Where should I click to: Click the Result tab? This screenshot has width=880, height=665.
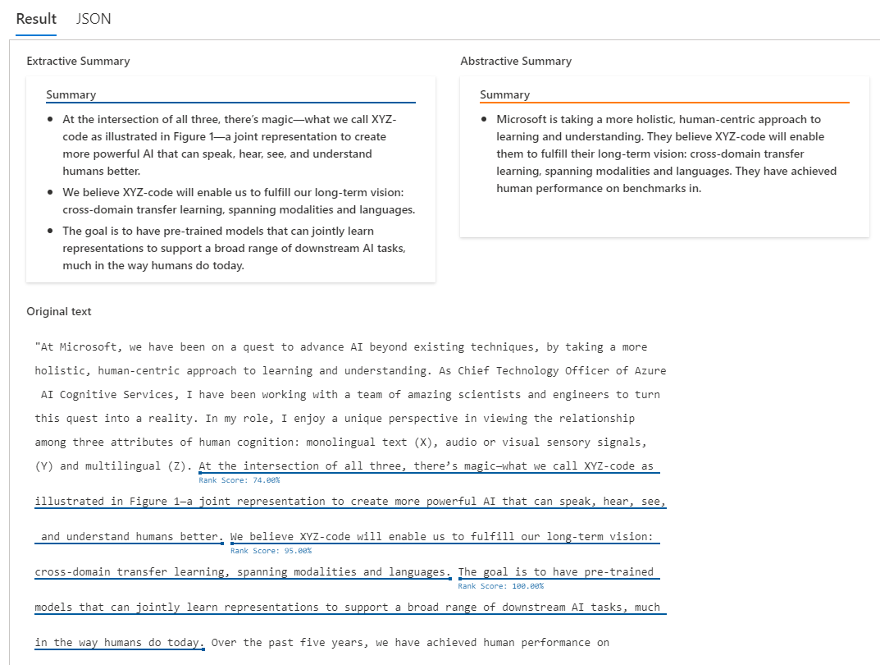(36, 19)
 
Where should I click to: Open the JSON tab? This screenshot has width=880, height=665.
(93, 19)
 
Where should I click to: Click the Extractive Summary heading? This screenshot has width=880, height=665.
(78, 61)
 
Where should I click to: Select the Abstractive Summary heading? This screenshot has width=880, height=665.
(516, 61)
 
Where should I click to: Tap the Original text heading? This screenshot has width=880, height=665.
(59, 311)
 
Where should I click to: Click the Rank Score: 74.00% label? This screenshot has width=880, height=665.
(239, 480)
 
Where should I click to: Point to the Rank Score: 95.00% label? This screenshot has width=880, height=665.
(271, 551)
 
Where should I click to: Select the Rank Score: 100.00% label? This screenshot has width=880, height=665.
(500, 586)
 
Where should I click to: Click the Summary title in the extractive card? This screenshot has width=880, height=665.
(71, 94)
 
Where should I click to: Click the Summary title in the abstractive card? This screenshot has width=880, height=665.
(504, 94)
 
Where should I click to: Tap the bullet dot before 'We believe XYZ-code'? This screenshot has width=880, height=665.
(51, 192)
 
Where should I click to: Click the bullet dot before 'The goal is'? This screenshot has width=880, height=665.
(51, 231)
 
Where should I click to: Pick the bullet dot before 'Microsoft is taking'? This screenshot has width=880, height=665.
(485, 119)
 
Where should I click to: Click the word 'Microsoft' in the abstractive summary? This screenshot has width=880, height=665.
(522, 119)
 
